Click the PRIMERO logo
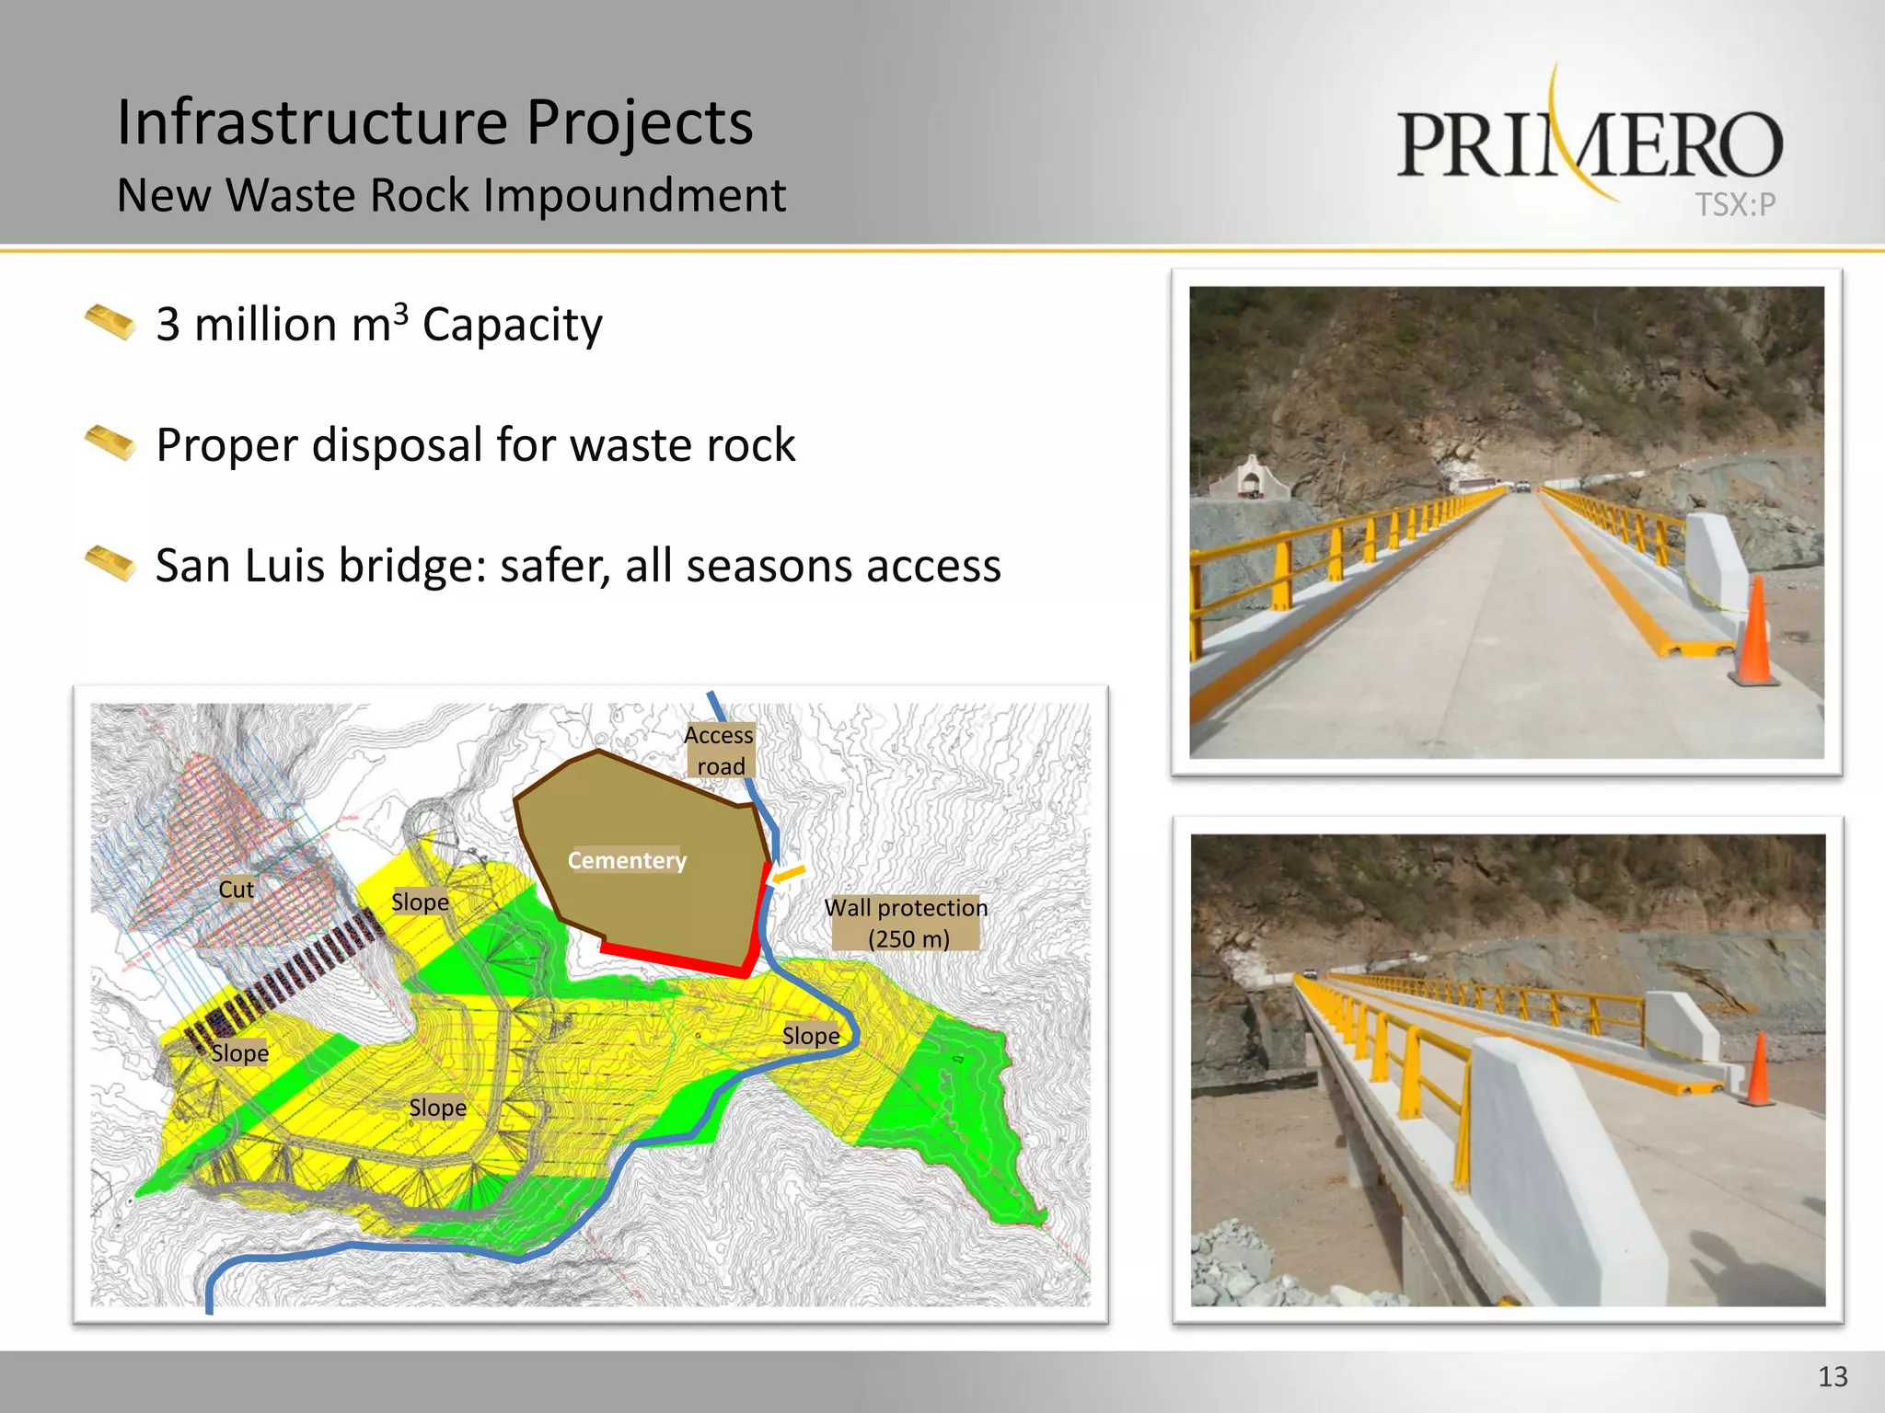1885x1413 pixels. tap(1590, 144)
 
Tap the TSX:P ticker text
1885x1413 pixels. tap(1735, 204)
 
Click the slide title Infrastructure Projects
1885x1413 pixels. tap(434, 122)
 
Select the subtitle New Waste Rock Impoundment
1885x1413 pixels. tap(451, 195)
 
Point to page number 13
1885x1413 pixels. tap(1833, 1376)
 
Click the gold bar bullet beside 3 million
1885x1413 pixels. tap(110, 322)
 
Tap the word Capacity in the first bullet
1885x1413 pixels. tap(512, 325)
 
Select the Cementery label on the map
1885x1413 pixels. tap(627, 860)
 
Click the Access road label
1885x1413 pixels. tap(720, 751)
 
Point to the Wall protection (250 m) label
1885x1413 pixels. tap(907, 923)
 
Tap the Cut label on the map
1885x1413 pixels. tap(236, 890)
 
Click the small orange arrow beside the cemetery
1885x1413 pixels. tap(789, 875)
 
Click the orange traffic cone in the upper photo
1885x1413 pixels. tap(1755, 635)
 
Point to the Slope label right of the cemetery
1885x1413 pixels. tap(811, 1036)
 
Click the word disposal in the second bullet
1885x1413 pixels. tap(399, 445)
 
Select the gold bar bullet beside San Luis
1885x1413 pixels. tap(110, 563)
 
